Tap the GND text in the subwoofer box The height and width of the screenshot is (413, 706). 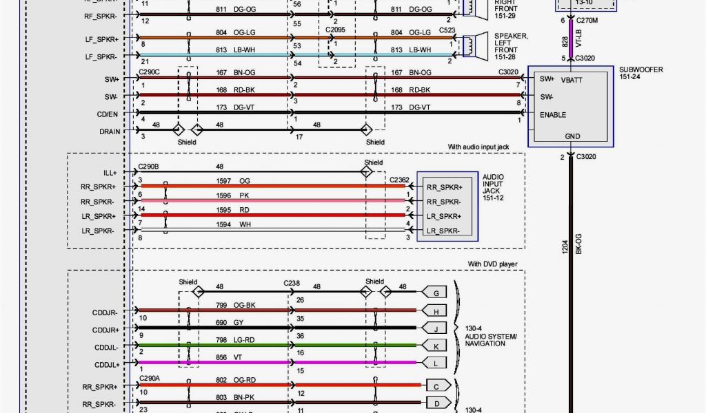tap(572, 136)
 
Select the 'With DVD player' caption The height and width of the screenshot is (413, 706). tap(492, 264)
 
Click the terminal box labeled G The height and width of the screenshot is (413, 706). tap(436, 293)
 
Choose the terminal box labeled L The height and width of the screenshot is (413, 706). tap(436, 362)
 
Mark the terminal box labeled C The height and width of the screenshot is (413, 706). tap(436, 385)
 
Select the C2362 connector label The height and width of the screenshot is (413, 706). tap(399, 180)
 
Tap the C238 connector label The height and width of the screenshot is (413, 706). tap(292, 282)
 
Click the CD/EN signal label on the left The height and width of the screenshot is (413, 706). tap(108, 114)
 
